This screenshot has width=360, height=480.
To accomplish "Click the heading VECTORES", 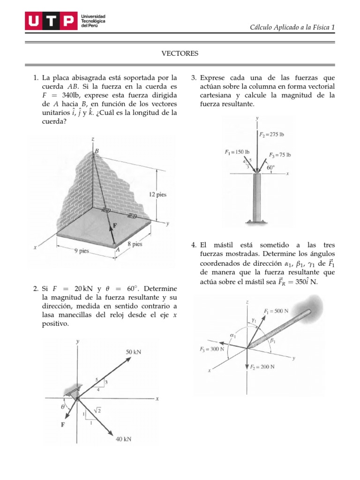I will click(180, 54).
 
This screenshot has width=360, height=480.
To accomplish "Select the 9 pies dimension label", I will click(81, 251).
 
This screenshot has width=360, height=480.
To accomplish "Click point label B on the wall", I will click(97, 151).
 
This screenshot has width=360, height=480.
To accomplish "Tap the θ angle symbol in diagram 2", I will click(63, 407).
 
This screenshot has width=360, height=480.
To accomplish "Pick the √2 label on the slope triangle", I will click(98, 411).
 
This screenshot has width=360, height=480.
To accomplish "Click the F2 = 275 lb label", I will click(271, 135).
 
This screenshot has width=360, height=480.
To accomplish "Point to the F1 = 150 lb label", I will click(237, 152).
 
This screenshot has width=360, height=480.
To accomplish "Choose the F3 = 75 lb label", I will click(280, 155).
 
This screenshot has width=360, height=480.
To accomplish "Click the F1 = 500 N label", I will click(277, 311).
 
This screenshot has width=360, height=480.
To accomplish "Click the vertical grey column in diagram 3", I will click(257, 197).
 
